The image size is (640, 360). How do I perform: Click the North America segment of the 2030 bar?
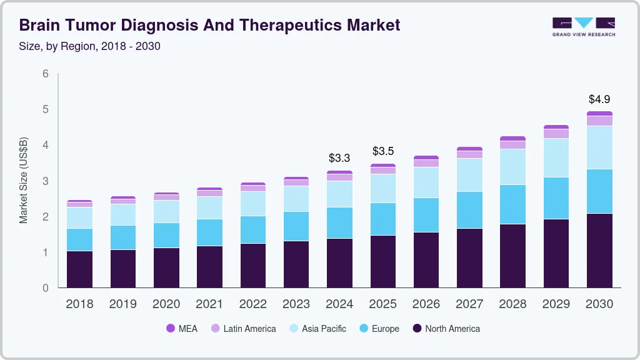click(599, 251)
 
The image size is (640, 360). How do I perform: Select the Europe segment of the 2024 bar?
click(339, 222)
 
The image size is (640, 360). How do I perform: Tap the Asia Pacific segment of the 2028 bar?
click(512, 167)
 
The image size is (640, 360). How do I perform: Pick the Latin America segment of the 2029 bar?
click(556, 134)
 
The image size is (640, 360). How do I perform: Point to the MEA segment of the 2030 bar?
click(599, 114)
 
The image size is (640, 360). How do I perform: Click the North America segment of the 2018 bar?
click(79, 269)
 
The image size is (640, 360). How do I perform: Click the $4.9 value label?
click(599, 99)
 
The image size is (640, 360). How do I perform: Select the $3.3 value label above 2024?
click(339, 158)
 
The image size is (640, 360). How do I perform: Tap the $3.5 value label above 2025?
click(383, 151)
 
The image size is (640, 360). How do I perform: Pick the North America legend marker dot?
click(417, 329)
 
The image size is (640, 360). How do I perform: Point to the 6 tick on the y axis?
click(45, 74)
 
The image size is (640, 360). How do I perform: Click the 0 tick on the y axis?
click(45, 288)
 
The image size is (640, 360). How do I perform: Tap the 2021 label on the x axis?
click(209, 304)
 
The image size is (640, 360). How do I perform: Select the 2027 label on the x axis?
click(469, 304)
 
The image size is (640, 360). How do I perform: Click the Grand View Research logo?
click(583, 27)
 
